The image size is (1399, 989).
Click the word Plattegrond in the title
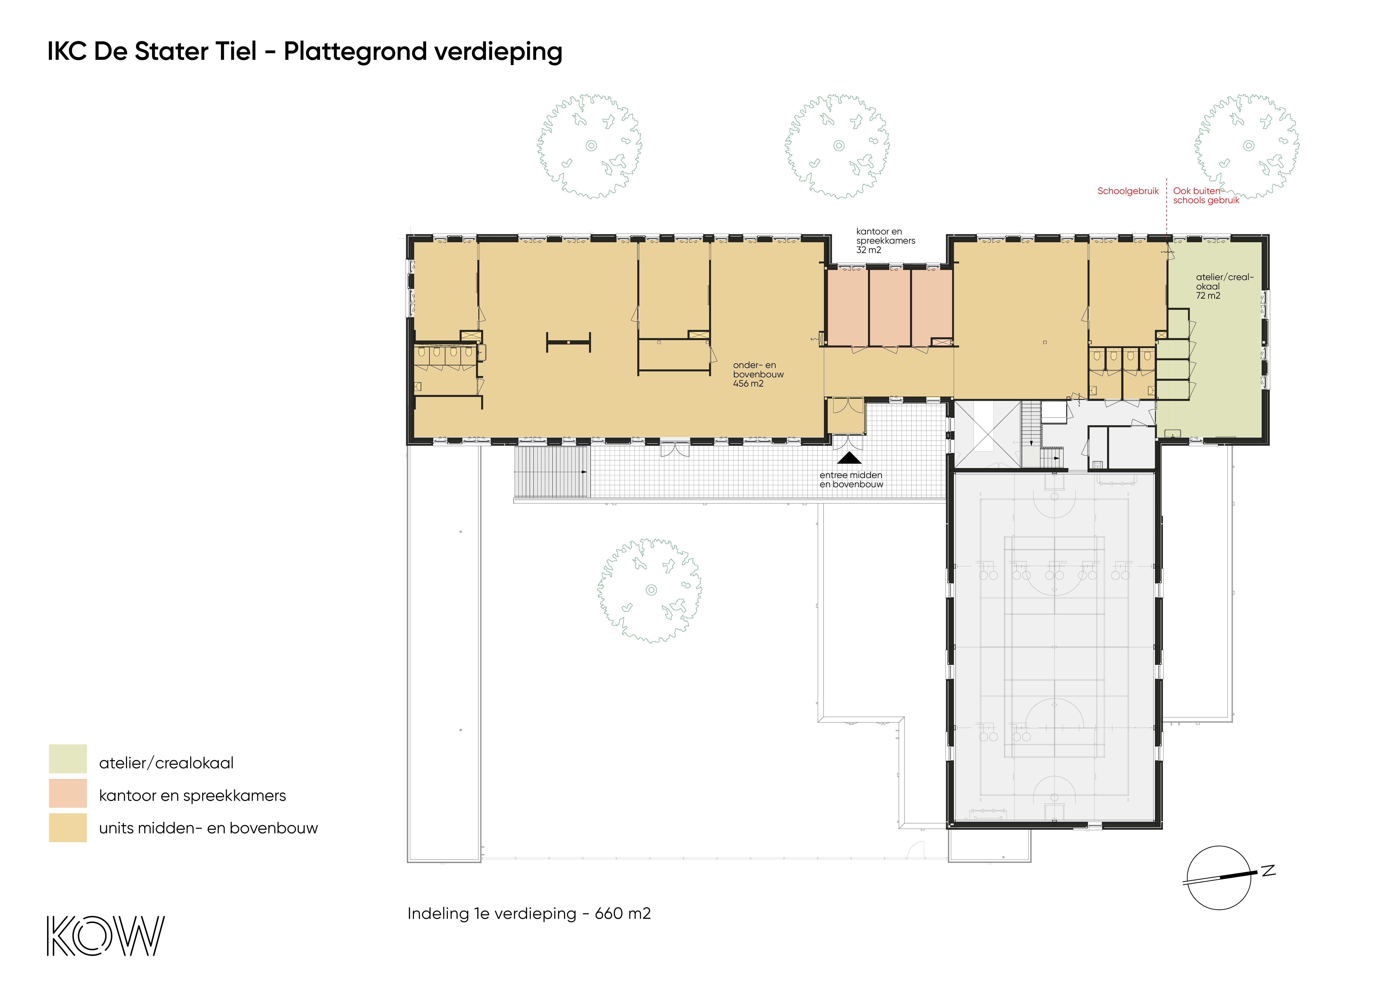point(356,52)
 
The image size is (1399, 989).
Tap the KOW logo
point(105,935)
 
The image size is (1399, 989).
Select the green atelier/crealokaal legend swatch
point(68,759)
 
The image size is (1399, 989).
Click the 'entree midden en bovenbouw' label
point(851,480)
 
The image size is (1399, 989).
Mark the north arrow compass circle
point(1219,878)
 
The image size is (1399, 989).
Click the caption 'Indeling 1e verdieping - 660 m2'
point(529,913)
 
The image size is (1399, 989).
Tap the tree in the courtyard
point(650,590)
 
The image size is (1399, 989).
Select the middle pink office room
point(890,308)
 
